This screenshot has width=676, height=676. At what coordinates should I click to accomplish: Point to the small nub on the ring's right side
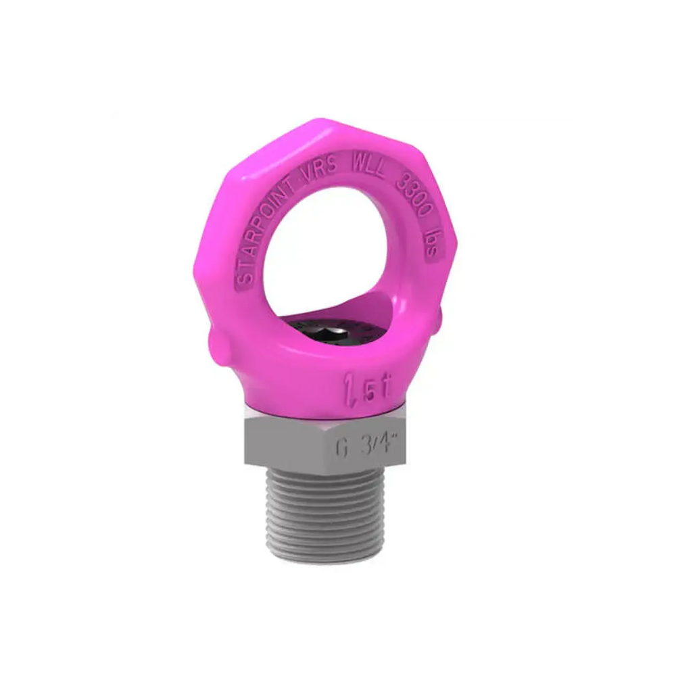coord(441,316)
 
